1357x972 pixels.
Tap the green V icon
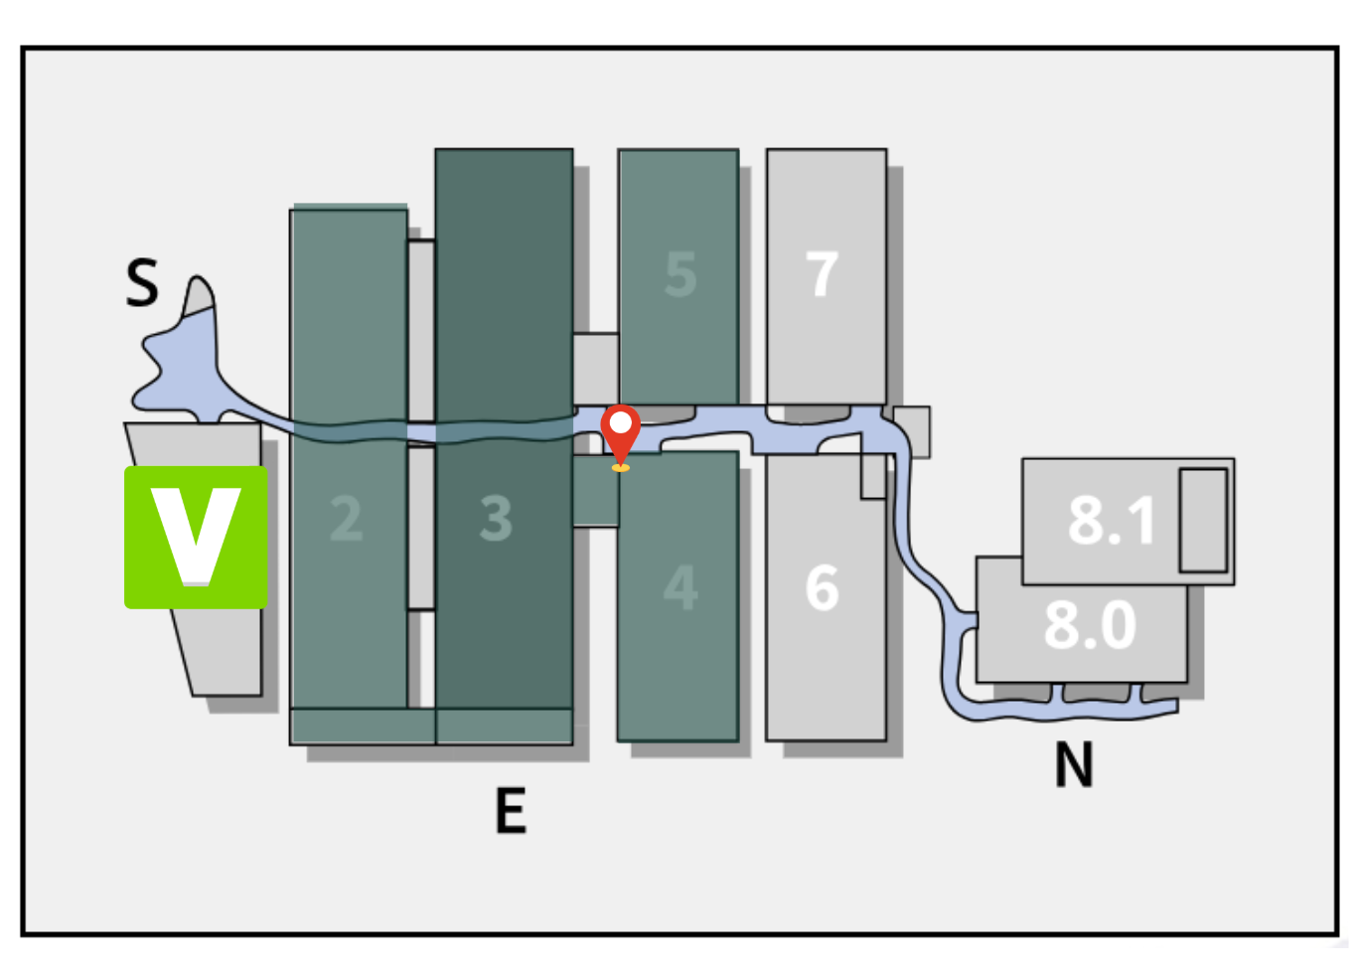(196, 537)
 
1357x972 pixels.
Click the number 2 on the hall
(346, 518)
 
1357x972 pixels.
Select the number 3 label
(496, 518)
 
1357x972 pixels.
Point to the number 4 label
(680, 587)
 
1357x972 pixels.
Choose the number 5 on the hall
(680, 274)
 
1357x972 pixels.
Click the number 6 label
(823, 587)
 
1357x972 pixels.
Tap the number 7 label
(823, 274)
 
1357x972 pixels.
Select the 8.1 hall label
(1112, 520)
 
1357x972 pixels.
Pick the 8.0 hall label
(1090, 625)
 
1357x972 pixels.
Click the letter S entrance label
(142, 282)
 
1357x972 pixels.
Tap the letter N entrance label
(1074, 765)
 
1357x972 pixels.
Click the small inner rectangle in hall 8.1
(1203, 520)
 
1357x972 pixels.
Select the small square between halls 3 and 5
(595, 368)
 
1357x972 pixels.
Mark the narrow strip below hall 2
(363, 727)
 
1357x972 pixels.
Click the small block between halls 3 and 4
(595, 491)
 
